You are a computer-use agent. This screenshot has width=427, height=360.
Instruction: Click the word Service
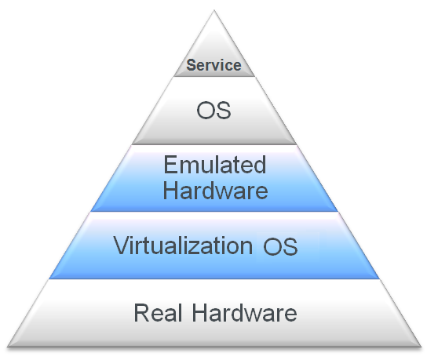pos(213,65)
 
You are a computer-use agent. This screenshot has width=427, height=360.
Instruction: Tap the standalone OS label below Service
pos(213,111)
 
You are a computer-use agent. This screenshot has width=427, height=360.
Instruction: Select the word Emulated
pos(214,165)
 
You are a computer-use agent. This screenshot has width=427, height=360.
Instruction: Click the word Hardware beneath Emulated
pos(215,190)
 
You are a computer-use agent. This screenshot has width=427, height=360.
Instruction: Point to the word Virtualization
pos(183,245)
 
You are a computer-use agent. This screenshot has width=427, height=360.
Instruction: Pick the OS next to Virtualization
pos(280,246)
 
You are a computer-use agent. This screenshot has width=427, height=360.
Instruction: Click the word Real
pos(158,313)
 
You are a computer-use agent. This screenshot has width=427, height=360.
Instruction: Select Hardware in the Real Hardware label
pos(245,313)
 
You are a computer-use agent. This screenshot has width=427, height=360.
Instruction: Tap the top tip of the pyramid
pos(214,10)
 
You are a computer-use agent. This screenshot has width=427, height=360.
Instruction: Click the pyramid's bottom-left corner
pos(8,347)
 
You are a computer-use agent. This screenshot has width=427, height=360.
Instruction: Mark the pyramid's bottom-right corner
pos(421,347)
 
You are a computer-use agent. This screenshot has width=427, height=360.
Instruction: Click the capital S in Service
pos(192,65)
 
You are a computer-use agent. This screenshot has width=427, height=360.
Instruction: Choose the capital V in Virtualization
pos(122,245)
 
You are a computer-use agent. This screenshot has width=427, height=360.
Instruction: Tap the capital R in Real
pos(141,313)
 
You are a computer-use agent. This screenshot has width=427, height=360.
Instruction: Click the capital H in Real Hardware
pos(200,313)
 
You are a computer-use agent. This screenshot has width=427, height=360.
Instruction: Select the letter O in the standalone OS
pos(206,111)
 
